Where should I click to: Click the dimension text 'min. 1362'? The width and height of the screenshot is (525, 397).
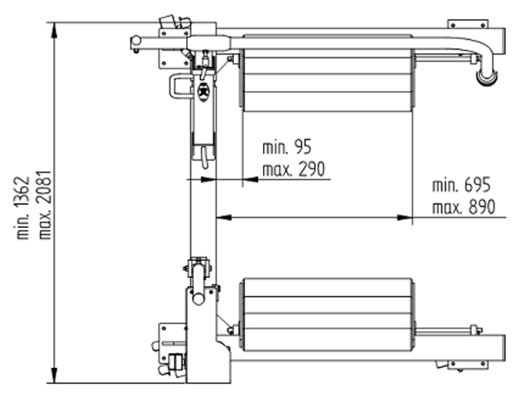(23, 208)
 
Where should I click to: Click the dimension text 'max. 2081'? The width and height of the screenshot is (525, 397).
(45, 205)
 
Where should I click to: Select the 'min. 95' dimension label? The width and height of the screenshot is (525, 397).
(287, 147)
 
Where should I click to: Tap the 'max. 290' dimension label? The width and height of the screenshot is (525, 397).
(294, 170)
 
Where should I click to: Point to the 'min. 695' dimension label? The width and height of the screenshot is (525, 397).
(461, 185)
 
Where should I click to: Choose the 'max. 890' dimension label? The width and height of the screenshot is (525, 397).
(463, 207)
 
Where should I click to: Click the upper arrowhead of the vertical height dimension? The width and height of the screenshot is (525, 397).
(54, 31)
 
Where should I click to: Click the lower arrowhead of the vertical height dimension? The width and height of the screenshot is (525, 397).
(54, 375)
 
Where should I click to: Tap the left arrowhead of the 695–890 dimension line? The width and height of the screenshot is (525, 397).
(224, 218)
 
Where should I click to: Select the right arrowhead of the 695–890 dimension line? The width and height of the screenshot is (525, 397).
(404, 218)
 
